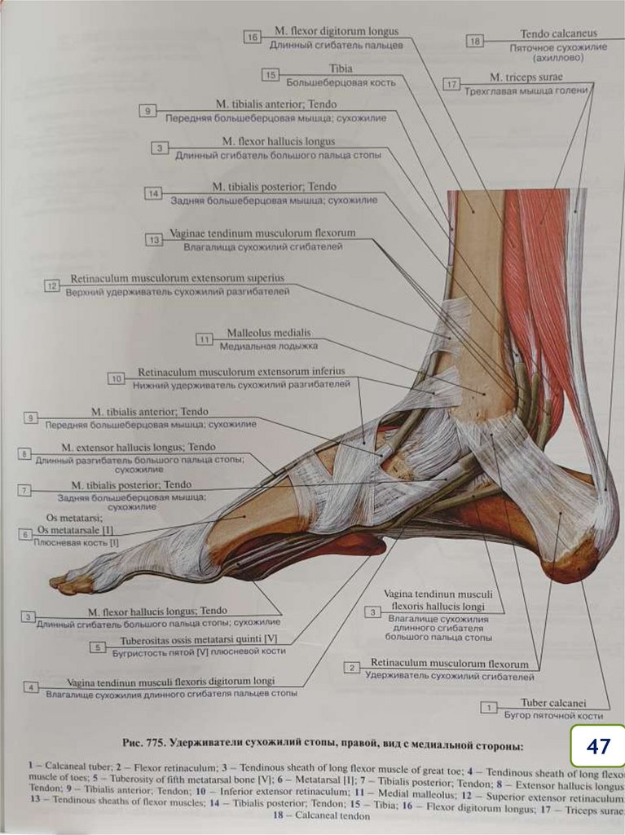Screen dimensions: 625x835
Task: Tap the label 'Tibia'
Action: click(341, 68)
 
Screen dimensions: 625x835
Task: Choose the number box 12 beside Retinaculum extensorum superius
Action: click(52, 285)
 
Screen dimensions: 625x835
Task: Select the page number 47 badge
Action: click(597, 746)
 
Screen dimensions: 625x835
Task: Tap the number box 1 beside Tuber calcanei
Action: click(489, 708)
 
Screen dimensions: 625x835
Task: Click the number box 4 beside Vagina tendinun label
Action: click(31, 687)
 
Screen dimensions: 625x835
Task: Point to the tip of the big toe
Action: click(55, 582)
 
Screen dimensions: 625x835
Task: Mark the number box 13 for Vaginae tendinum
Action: click(154, 240)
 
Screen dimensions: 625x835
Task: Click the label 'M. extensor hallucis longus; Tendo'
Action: click(139, 447)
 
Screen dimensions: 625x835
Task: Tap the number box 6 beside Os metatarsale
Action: click(26, 534)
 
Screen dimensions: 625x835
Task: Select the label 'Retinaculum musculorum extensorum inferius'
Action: click(241, 372)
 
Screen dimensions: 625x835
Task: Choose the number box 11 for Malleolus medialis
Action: click(205, 339)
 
